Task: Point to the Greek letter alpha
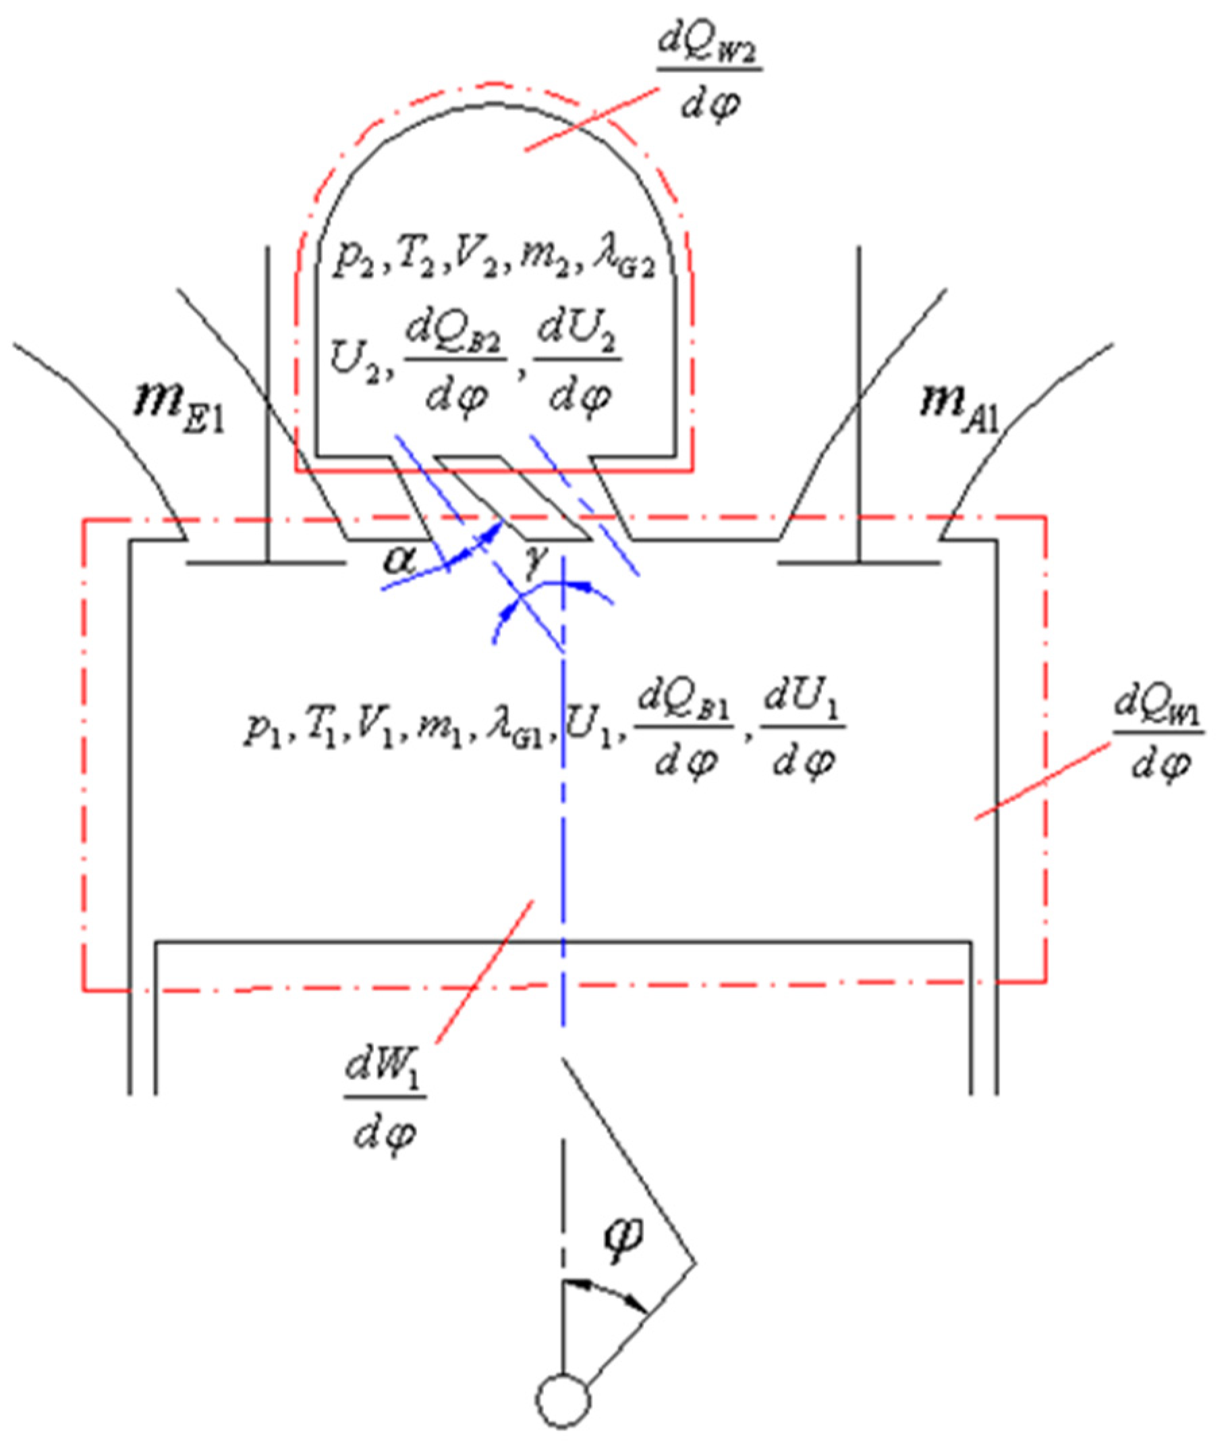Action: pyautogui.click(x=400, y=560)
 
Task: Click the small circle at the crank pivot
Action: pyautogui.click(x=563, y=1399)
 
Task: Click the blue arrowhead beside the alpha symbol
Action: pyautogui.click(x=495, y=529)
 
